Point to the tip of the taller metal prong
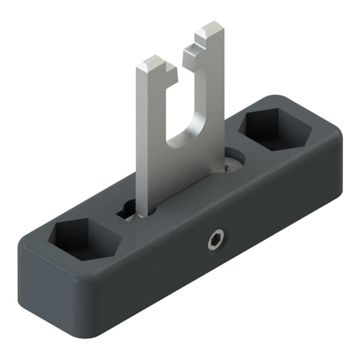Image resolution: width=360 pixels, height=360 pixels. pyautogui.click(x=211, y=31)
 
